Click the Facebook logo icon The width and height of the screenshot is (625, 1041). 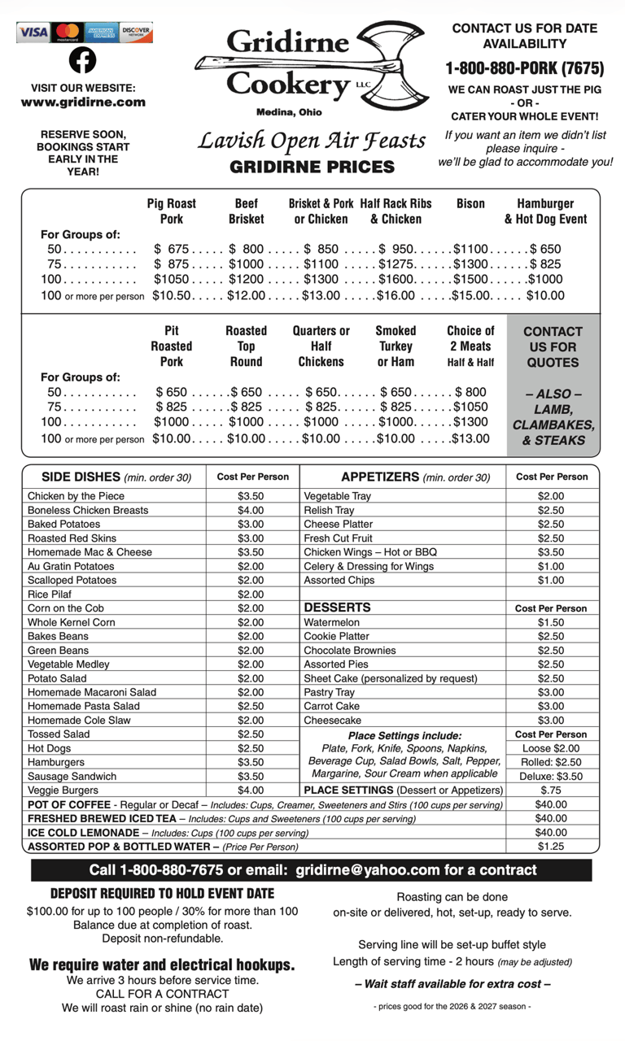[82, 60]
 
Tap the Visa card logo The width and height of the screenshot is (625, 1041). [33, 33]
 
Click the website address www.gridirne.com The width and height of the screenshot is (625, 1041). [83, 102]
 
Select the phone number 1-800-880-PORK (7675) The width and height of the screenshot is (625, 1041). [525, 68]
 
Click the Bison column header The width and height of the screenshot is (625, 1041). [470, 203]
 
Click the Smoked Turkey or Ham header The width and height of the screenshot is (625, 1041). [396, 346]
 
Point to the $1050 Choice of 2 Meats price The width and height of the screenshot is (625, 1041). [470, 407]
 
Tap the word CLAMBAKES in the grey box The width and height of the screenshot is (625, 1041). [553, 425]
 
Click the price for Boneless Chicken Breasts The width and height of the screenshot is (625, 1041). [251, 510]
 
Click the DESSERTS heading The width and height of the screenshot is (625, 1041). [337, 608]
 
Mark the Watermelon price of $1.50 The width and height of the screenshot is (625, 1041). [551, 622]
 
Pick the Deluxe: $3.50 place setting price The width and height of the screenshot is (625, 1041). [551, 776]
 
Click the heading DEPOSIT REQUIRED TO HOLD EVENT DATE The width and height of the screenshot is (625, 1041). [163, 894]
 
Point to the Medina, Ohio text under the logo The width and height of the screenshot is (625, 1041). [289, 112]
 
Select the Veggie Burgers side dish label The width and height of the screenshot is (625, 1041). [63, 790]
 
